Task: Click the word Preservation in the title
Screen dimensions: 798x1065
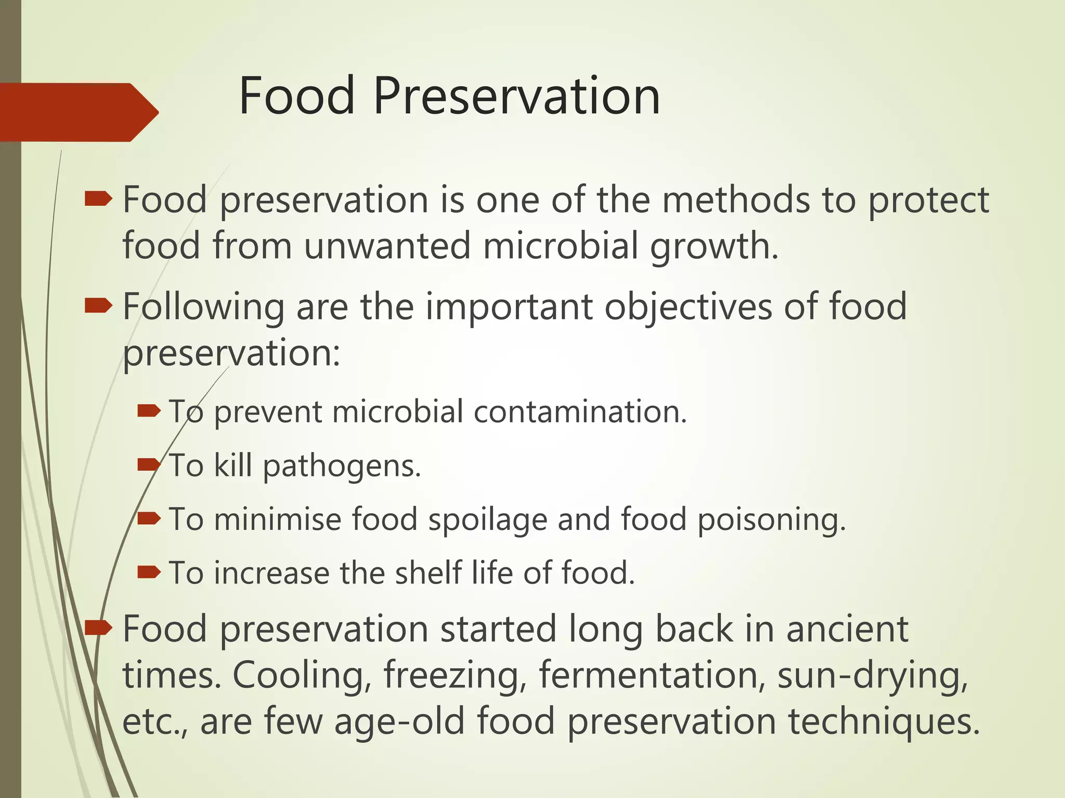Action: [x=516, y=97]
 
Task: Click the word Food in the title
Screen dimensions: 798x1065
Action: [x=296, y=97]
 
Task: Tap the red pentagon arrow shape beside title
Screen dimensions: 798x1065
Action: [x=78, y=112]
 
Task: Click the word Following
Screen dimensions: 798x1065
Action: [x=203, y=308]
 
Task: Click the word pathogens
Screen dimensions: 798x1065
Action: [x=342, y=466]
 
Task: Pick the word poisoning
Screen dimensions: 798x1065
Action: [x=771, y=520]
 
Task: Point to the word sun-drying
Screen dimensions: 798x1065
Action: [x=872, y=675]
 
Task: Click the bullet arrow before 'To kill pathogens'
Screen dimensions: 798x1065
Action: [x=149, y=464]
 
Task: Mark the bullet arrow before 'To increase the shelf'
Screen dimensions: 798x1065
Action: [x=149, y=572]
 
